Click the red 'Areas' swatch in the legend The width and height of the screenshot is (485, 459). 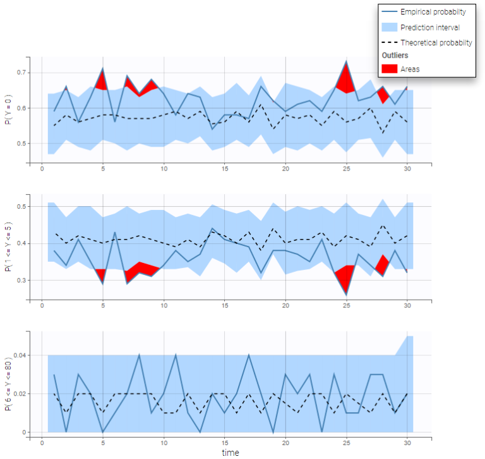pyautogui.click(x=390, y=68)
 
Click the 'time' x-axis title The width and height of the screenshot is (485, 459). pyautogui.click(x=231, y=453)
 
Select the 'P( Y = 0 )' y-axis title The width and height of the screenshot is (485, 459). pyautogui.click(x=8, y=108)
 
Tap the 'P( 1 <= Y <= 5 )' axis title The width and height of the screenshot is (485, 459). pyautogui.click(x=8, y=247)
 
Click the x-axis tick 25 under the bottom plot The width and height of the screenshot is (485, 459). pyautogui.click(x=347, y=443)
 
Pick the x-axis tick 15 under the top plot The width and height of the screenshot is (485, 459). pyautogui.click(x=225, y=169)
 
